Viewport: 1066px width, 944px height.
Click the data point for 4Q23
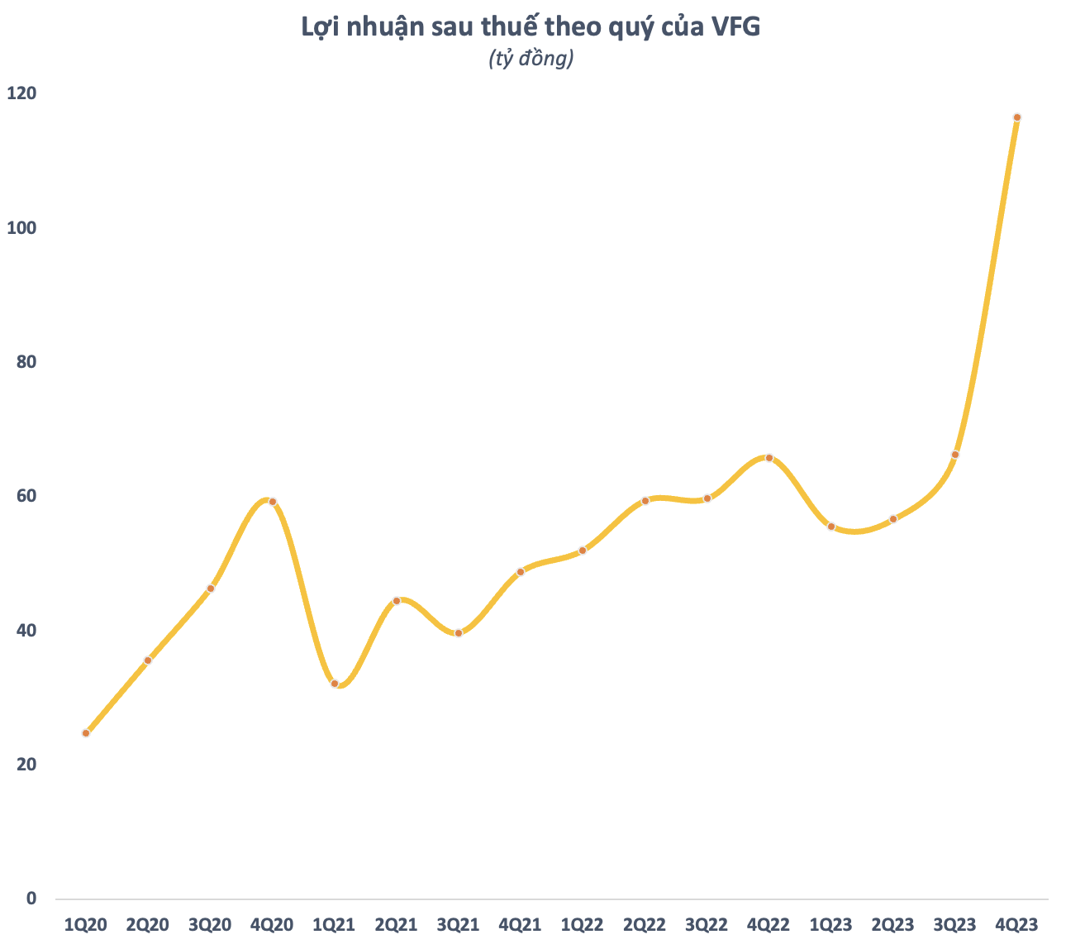[x=1016, y=117]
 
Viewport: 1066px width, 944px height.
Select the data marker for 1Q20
[x=86, y=733]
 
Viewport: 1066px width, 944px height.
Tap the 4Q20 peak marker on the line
[x=272, y=502]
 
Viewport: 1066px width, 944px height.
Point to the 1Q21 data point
[x=335, y=684]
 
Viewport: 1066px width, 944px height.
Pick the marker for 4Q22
[x=769, y=458]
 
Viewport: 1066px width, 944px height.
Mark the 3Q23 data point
[x=955, y=455]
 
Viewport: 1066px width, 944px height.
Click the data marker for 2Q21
[x=397, y=601]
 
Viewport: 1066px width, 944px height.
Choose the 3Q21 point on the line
[x=459, y=633]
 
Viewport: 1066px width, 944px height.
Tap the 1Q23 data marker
[x=831, y=527]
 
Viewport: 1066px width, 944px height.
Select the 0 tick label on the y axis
[x=31, y=899]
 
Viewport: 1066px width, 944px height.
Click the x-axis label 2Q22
[x=645, y=924]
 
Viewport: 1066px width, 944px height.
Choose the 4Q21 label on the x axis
[x=521, y=924]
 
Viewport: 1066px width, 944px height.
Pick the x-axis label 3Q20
[x=210, y=924]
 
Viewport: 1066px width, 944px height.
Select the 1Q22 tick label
[x=583, y=924]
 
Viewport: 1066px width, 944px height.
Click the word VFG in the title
[x=732, y=27]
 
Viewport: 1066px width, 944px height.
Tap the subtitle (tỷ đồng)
[x=531, y=59]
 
